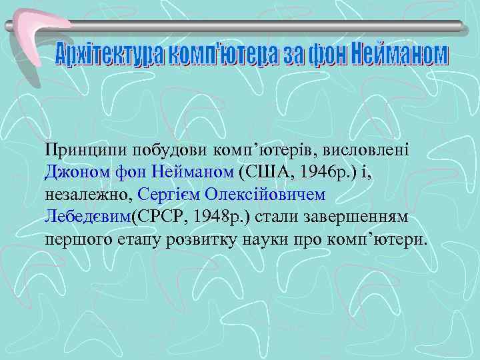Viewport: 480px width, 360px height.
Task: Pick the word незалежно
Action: tap(89, 194)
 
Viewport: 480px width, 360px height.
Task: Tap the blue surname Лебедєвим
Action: tap(88, 217)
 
